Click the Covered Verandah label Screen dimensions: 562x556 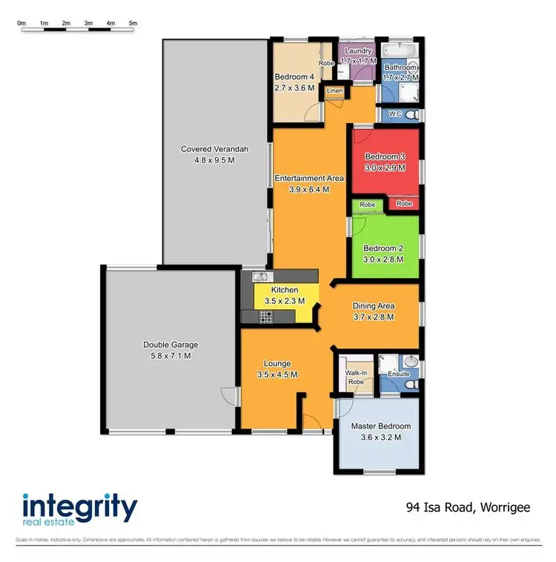coord(214,149)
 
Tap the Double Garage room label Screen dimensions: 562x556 coord(171,345)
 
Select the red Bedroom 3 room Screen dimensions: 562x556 coord(385,162)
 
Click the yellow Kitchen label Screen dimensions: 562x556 coord(285,290)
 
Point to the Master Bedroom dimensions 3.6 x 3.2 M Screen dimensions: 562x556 coord(380,437)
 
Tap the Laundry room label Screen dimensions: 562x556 coord(358,50)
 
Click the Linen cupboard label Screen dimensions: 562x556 coord(334,91)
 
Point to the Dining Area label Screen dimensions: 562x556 coord(373,305)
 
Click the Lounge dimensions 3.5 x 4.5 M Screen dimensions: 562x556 coord(277,375)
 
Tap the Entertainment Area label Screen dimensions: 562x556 coord(309,178)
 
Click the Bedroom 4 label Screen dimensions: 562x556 coord(294,77)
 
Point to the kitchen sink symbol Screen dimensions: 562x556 coord(259,277)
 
